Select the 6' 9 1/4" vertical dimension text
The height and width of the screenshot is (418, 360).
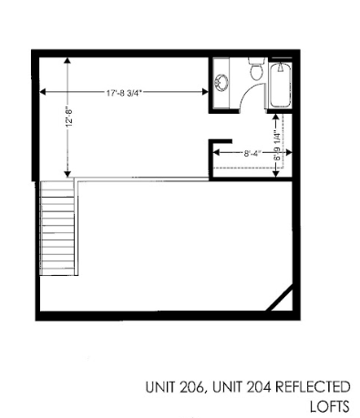(x=277, y=143)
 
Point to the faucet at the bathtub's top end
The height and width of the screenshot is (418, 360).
(x=282, y=66)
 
